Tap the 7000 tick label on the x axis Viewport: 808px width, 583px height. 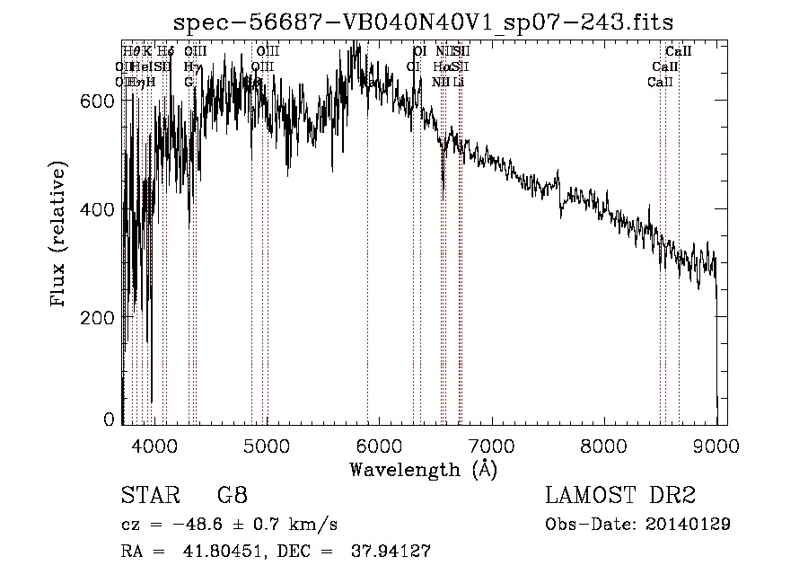tap(491, 445)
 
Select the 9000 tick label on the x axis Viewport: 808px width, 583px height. tap(716, 445)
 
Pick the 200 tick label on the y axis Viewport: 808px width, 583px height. tap(98, 318)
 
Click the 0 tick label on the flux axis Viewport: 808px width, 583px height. tap(109, 420)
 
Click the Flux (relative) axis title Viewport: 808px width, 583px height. tap(59, 235)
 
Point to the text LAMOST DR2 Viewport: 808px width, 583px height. tap(619, 496)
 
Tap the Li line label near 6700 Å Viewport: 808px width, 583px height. tap(458, 82)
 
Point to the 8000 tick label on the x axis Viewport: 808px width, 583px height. tap(603, 445)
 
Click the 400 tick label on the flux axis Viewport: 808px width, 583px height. tap(98, 209)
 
